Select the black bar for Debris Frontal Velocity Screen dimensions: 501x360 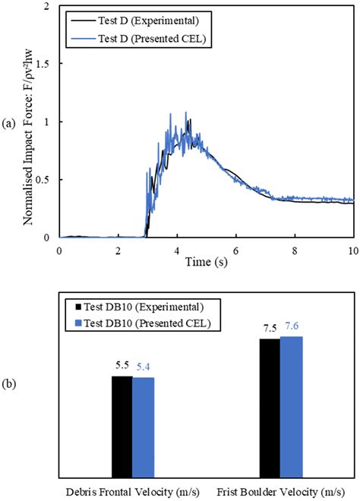pyautogui.click(x=122, y=425)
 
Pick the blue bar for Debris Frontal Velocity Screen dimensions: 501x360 pyautogui.click(x=143, y=426)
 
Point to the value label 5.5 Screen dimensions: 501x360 pyautogui.click(x=122, y=367)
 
